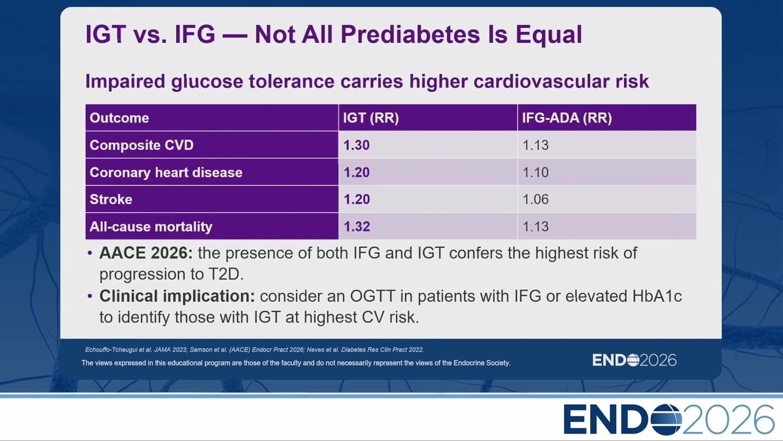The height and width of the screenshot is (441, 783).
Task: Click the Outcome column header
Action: (x=119, y=118)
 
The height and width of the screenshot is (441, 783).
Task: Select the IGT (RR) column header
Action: (x=371, y=118)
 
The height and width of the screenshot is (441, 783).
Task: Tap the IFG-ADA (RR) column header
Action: (x=567, y=118)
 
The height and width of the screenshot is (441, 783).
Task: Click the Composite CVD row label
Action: (x=141, y=145)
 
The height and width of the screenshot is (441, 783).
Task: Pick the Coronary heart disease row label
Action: (x=166, y=173)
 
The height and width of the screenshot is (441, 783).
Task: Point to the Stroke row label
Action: (x=111, y=200)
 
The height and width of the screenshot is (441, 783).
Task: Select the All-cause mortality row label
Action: (x=151, y=227)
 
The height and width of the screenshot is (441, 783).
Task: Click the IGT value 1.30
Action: (x=357, y=145)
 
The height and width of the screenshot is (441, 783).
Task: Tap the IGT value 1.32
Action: (x=357, y=227)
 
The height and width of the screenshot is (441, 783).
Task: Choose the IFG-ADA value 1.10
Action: (x=535, y=173)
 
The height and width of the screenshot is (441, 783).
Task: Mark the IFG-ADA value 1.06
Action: (x=535, y=200)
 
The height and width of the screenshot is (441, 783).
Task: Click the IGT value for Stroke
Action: (x=357, y=200)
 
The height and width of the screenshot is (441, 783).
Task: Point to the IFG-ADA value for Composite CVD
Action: (x=535, y=145)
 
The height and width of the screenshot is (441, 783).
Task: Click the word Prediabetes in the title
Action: (x=410, y=34)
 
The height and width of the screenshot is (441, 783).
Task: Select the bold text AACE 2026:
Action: (x=146, y=253)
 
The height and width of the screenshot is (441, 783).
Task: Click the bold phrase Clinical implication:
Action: (x=177, y=296)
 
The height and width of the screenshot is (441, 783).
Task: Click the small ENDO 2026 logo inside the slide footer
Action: (x=634, y=360)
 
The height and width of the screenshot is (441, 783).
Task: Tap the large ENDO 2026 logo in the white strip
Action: (x=669, y=420)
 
